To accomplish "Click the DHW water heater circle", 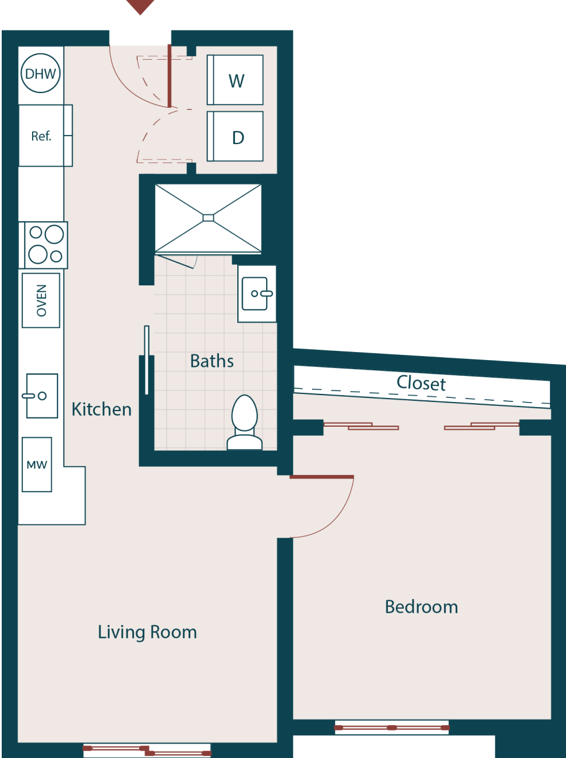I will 40,74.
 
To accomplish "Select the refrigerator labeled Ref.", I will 41,136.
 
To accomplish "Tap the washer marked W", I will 236,80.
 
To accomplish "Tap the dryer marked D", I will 236,137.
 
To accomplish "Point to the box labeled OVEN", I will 41,300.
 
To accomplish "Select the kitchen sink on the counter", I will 41,396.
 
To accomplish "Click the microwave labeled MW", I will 37,465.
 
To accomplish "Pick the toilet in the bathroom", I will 245,422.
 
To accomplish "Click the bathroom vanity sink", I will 256,293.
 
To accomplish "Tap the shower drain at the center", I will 208,218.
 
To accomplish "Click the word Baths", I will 211,361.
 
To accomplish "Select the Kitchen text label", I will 101,409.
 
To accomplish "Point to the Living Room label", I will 147,632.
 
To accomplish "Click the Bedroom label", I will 421,607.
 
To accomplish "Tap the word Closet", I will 421,383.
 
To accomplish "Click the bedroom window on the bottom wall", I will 391,728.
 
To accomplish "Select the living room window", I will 147,751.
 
